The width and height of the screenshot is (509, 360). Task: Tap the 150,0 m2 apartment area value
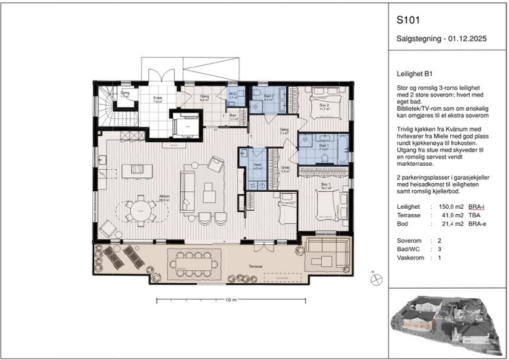point(452,208)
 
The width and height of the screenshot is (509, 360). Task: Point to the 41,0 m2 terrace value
point(452,216)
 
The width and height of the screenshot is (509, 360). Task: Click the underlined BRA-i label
point(478,208)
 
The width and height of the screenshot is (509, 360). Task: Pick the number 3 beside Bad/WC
point(431,249)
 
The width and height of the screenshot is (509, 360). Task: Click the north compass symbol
point(376,279)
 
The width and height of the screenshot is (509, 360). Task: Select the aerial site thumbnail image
point(447,322)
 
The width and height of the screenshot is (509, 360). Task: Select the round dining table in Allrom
point(140,211)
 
